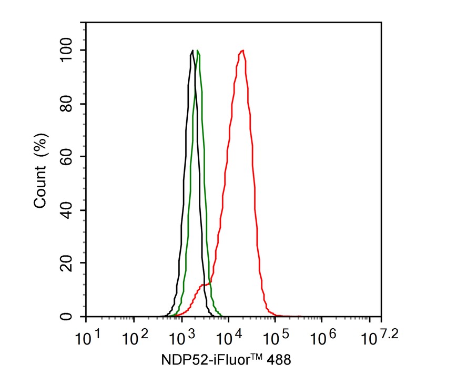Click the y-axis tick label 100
pyautogui.click(x=67, y=50)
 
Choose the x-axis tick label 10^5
pyautogui.click(x=277, y=337)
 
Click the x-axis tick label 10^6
pyautogui.click(x=324, y=337)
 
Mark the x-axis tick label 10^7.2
pyautogui.click(x=376, y=336)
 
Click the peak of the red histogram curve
pyautogui.click(x=242, y=50)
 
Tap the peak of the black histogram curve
pyautogui.click(x=193, y=50)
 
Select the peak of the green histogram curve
pyautogui.click(x=198, y=50)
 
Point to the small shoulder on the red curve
pyautogui.click(x=206, y=285)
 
